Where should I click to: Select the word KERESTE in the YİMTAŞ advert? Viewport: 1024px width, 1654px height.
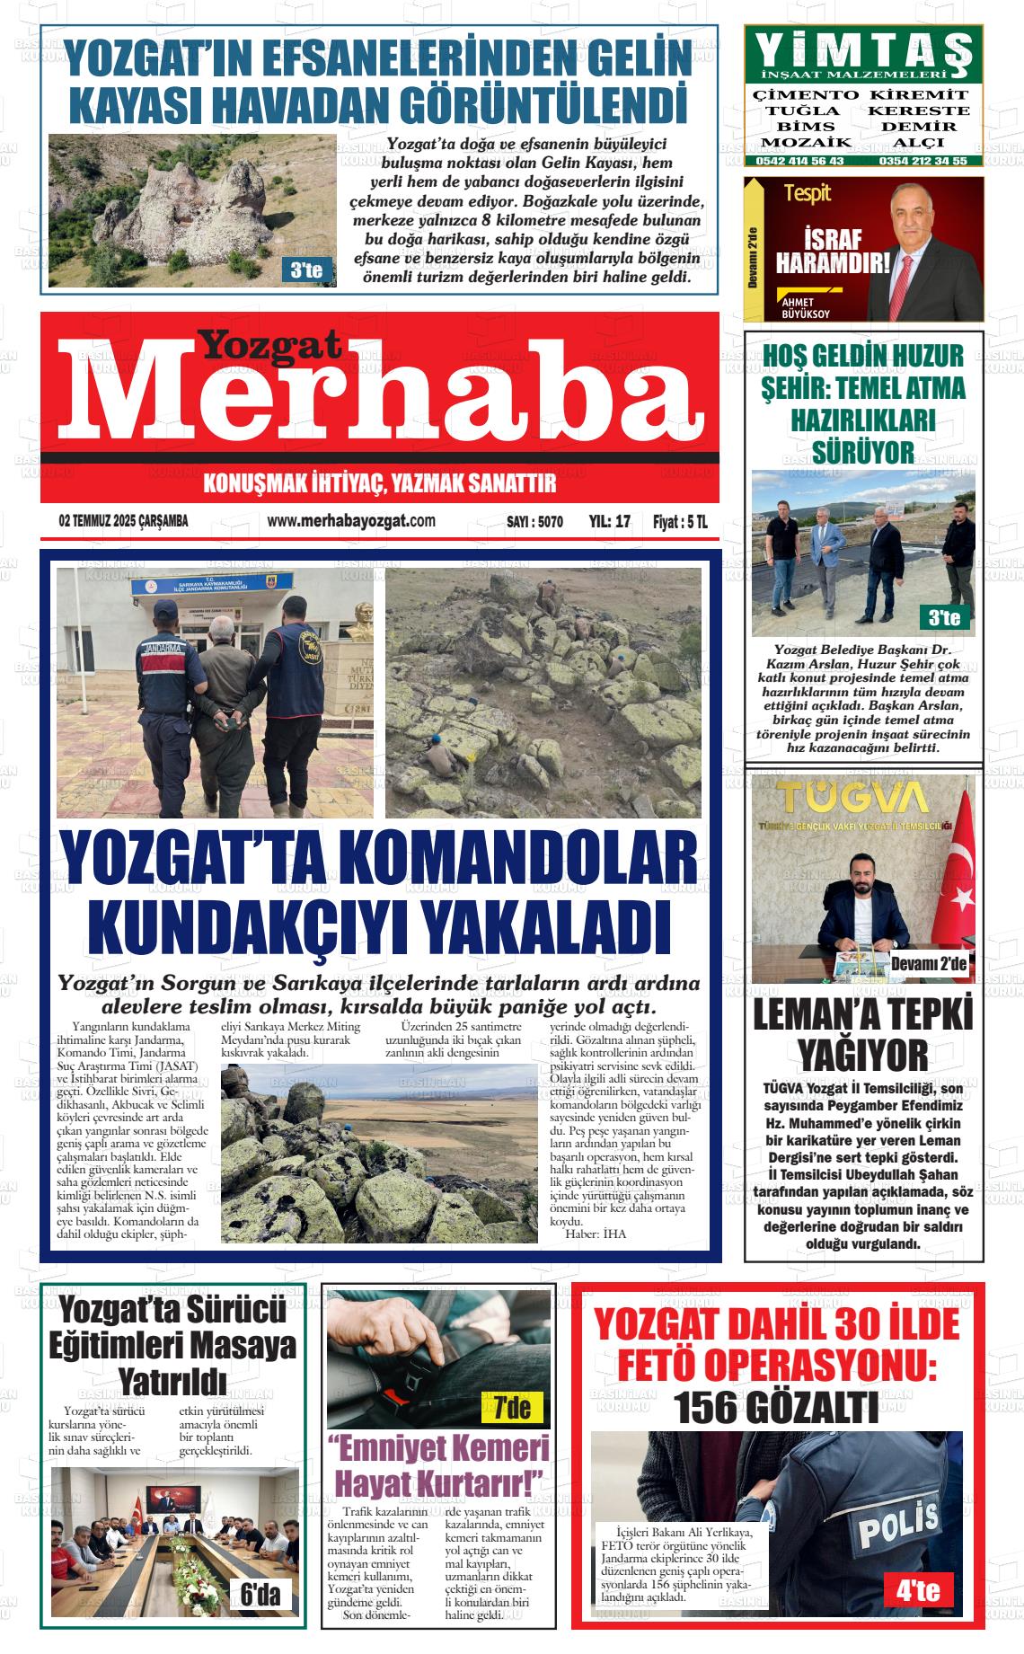918,111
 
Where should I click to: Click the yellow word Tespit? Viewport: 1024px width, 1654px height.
807,193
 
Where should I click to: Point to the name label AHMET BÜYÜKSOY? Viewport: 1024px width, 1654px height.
806,308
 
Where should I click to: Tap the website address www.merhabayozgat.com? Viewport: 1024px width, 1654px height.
351,521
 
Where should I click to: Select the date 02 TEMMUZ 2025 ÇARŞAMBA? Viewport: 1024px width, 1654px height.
123,521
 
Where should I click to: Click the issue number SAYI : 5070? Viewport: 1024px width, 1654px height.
534,522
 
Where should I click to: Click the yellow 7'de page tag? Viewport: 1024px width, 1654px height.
512,1407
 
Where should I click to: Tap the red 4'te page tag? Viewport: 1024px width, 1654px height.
918,1591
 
